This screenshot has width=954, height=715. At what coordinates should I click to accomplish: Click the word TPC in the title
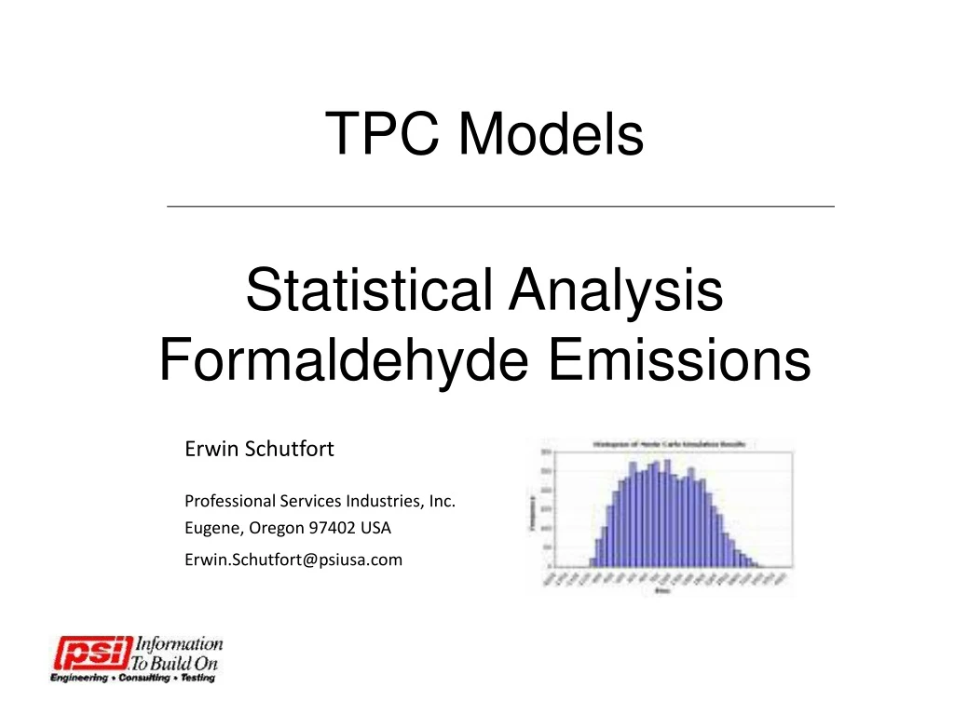[x=383, y=133]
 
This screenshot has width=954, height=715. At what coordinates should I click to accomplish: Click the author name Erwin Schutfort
[x=259, y=449]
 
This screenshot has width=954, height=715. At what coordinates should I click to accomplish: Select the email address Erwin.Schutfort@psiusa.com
[x=293, y=559]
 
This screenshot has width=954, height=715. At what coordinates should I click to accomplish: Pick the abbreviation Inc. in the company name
[x=443, y=501]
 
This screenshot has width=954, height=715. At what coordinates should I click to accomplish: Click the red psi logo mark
[x=90, y=653]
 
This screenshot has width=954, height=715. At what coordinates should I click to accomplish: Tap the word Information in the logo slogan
[x=179, y=643]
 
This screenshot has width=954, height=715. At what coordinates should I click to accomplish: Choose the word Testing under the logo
[x=197, y=678]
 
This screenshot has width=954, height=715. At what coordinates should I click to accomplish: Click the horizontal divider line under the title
[x=500, y=206]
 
